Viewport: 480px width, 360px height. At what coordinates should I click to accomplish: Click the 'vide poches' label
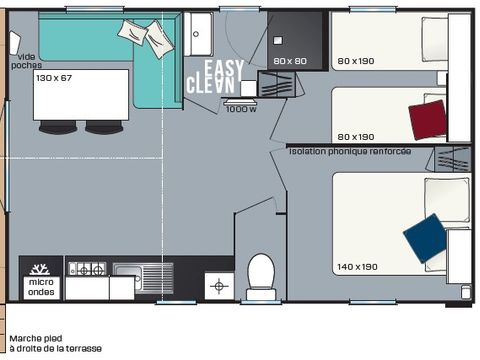point(25,62)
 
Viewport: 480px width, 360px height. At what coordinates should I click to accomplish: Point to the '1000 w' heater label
point(241,109)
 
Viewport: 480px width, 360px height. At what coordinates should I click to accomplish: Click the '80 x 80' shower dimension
point(290,61)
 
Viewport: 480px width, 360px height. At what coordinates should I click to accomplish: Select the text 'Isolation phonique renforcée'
point(349,151)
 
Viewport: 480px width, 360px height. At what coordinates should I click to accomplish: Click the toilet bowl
point(261,273)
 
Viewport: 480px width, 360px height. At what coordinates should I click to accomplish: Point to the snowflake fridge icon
point(41,270)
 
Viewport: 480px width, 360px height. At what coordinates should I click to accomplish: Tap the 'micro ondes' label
point(41,288)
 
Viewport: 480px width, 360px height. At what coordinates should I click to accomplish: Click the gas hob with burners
point(87,269)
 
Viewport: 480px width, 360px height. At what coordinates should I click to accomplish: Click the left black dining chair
point(57,127)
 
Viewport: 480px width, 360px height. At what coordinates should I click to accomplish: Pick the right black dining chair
point(104,127)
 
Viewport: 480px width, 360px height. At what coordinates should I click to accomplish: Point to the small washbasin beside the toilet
point(219,286)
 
